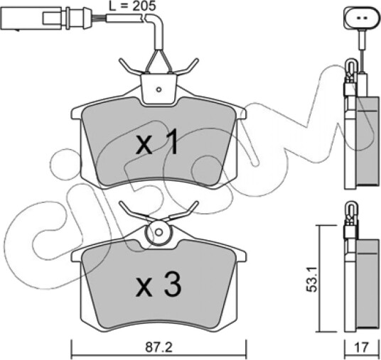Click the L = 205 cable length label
tap(132, 6)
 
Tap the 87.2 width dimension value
tap(159, 348)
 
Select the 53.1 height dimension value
tap(311, 279)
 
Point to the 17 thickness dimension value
tap(362, 347)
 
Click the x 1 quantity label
tap(156, 142)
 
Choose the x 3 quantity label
tap(159, 284)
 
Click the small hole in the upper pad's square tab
tap(159, 89)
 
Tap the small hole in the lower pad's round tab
tap(159, 232)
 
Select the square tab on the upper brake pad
tap(159, 89)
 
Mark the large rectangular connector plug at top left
tap(31, 18)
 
